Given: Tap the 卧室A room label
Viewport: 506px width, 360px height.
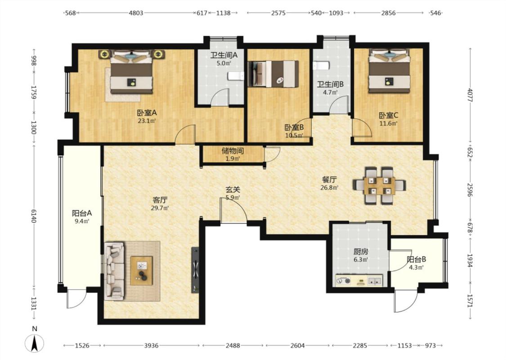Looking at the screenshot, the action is point(147,113).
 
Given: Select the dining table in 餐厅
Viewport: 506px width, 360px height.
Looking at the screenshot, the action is point(379,186).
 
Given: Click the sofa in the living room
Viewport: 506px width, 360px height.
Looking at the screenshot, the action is point(115,270).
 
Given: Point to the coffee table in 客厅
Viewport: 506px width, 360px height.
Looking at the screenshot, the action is point(141,270).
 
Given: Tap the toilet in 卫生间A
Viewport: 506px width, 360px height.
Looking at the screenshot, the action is point(236,76).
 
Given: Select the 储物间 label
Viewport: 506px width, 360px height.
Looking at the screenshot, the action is point(233,151).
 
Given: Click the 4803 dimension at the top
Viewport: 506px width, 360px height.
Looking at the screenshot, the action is point(136,13).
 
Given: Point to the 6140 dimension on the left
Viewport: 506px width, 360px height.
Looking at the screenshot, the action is point(34,216).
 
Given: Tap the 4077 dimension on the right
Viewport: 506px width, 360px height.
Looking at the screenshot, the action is point(470,95).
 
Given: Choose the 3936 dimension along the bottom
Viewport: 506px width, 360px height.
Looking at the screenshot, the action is point(151,346).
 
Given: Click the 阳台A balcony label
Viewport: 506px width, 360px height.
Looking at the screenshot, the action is point(82,213).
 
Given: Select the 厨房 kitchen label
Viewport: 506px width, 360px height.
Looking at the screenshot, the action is point(361,252).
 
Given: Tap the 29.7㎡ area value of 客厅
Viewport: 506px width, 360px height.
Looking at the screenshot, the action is point(160,208).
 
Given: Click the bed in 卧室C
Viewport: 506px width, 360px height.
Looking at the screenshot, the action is point(390,71).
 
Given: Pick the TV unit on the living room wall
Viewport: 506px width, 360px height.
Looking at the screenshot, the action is point(195,270).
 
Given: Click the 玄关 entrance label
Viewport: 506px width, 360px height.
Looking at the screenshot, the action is point(233,189).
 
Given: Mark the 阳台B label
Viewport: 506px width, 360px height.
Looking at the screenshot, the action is point(416,259).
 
